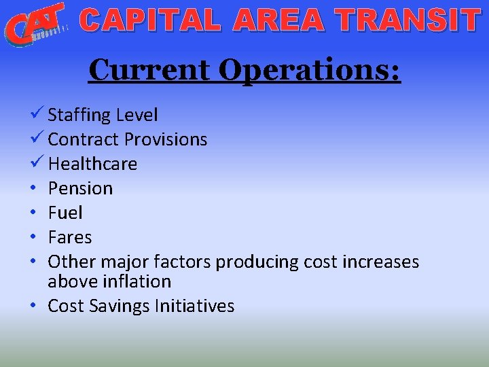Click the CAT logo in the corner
(x=35, y=24)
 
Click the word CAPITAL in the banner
(x=151, y=20)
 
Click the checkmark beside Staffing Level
(x=37, y=114)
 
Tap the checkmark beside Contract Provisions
(x=37, y=139)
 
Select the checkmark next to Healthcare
(x=37, y=163)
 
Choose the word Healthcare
(x=92, y=164)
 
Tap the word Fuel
(x=65, y=213)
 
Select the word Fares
(x=69, y=237)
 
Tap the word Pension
(x=80, y=188)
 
